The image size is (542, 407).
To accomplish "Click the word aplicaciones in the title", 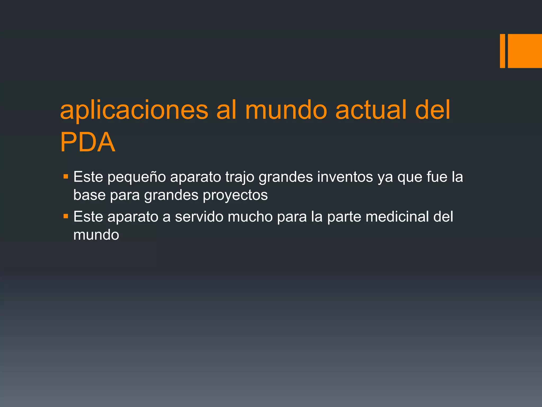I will pos(134,110).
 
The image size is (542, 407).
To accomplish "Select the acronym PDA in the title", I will pos(88,142).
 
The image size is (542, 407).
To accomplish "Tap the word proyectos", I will pos(235,196).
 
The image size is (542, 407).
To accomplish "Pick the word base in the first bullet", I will pos(89,195).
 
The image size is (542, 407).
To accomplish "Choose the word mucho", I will pos(250,216).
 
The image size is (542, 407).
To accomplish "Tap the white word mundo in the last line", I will pos(96,235).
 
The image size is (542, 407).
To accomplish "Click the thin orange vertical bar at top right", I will pos(502,51).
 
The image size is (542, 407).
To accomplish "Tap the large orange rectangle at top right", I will pos(525,51).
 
